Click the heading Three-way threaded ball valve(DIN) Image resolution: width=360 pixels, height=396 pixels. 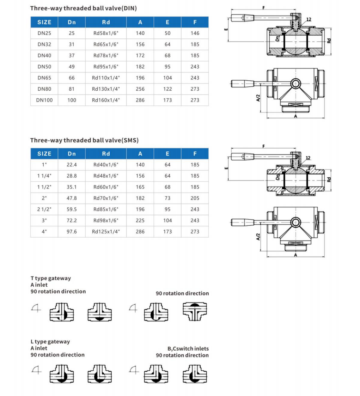coord(83,8)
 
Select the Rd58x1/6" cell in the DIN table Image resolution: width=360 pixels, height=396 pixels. coord(106,33)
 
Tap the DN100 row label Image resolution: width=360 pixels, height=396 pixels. coord(44,100)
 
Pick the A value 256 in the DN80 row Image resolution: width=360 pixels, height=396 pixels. coord(140,89)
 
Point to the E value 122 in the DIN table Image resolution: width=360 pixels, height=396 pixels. coord(167,89)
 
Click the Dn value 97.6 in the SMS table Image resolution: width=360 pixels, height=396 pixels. coord(72,232)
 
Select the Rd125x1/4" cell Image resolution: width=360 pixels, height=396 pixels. coord(106,232)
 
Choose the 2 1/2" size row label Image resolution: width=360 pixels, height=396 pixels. coord(44,209)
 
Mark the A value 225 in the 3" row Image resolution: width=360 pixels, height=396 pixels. coord(140,220)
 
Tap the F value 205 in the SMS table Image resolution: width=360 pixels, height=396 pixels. coord(195,198)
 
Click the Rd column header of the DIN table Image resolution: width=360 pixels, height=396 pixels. coord(106,22)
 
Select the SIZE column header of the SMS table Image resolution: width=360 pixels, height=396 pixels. coord(44,154)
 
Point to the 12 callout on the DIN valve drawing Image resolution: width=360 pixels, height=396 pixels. coord(309,19)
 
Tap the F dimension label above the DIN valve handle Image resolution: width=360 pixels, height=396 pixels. coord(264,8)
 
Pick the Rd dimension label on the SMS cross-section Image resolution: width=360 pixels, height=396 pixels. coord(329,179)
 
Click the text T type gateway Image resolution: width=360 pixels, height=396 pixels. coord(50,278)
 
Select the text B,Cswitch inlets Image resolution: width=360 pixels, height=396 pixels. coord(188,348)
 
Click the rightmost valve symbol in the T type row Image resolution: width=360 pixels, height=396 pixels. coord(195,311)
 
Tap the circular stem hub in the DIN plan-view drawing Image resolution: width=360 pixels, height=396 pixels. coord(295,84)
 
